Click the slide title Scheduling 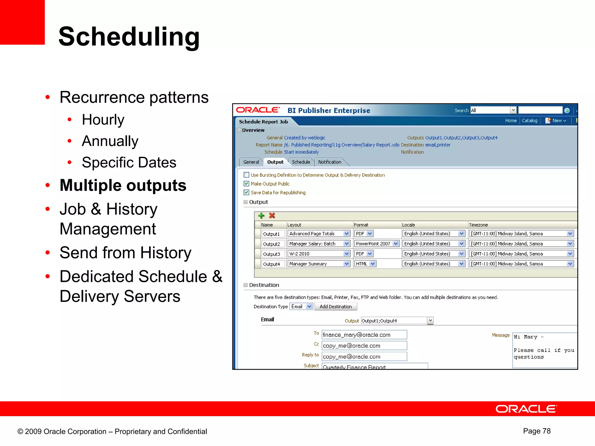click(129, 37)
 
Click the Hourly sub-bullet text click(103, 119)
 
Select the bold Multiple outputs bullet click(123, 185)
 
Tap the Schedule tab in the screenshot click(301, 162)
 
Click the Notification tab click(329, 162)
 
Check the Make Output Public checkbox click(246, 184)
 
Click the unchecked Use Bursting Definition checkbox click(246, 175)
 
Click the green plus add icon click(261, 215)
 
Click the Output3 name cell click(272, 254)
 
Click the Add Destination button click(336, 307)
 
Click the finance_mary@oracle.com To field click(364, 335)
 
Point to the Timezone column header click(478, 225)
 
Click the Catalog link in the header click(529, 121)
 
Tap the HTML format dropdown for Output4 click(365, 264)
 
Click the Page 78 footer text click(537, 431)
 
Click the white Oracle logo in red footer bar click(526, 409)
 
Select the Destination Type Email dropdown click(301, 307)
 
